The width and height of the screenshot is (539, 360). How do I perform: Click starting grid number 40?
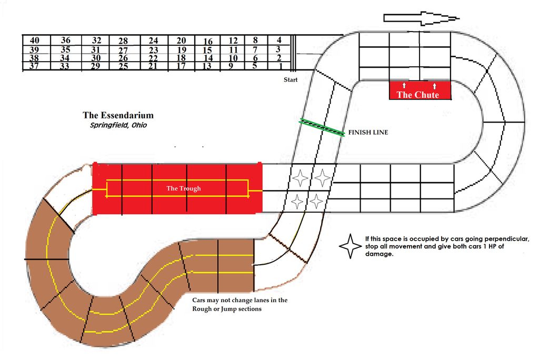tap(34, 41)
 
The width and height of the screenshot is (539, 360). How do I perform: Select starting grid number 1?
tap(281, 66)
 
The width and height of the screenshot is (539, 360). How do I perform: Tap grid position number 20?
tap(181, 41)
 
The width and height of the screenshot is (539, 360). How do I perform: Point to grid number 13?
tap(206, 66)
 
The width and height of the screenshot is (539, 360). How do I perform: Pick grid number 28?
tap(123, 41)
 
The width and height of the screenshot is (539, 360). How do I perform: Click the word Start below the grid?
tap(291, 80)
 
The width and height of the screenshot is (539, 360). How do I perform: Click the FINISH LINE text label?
tap(368, 133)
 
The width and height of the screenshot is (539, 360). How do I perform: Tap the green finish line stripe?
tap(322, 127)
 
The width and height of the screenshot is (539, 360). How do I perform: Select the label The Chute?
tap(417, 95)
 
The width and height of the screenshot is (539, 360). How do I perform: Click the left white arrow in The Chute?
tap(404, 85)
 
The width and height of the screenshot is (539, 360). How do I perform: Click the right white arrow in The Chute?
tap(434, 86)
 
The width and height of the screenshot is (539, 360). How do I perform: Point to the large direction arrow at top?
tap(422, 18)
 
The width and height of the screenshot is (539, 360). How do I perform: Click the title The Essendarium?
tap(118, 115)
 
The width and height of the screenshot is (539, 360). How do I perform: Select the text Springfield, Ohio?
tap(118, 125)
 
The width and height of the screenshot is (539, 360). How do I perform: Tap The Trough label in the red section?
tap(184, 188)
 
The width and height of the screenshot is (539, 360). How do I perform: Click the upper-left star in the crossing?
tap(300, 178)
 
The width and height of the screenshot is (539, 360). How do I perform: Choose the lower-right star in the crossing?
tap(316, 201)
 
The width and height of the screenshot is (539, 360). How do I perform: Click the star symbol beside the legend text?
tap(350, 246)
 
